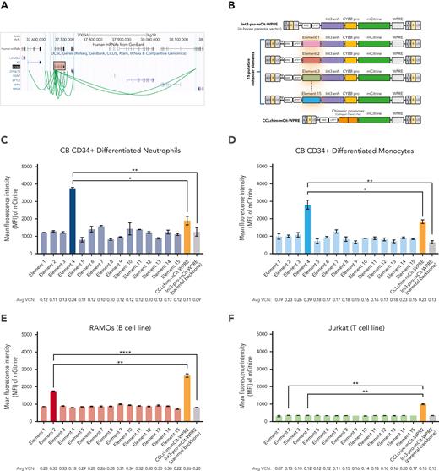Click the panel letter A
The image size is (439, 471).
click(x=6, y=5)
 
